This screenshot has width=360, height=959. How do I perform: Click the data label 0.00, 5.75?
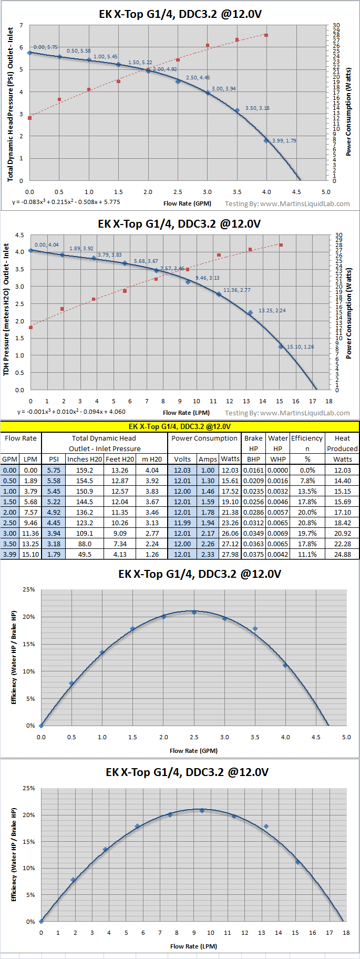click(46, 47)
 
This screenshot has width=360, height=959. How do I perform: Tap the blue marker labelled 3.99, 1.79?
click(266, 140)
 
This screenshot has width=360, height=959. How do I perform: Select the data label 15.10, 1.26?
click(300, 346)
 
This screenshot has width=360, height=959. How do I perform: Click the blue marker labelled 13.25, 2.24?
click(250, 313)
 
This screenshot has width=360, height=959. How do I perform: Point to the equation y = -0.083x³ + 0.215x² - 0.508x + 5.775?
click(66, 202)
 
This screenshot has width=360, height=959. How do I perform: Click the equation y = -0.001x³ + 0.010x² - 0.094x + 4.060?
click(71, 412)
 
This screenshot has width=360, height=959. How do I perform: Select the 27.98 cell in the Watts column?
click(230, 555)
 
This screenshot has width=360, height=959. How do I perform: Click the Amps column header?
click(208, 459)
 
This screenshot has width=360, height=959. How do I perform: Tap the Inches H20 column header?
click(85, 459)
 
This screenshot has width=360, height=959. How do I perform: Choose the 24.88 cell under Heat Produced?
click(342, 555)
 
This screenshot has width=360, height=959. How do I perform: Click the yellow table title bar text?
click(180, 426)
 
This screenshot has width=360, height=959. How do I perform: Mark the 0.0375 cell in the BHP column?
click(253, 555)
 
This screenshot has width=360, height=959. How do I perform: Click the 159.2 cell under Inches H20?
click(85, 471)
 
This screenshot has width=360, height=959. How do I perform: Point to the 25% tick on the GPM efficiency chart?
click(28, 589)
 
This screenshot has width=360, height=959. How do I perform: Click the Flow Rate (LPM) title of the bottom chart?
click(193, 946)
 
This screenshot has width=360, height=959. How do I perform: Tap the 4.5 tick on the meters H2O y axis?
click(19, 235)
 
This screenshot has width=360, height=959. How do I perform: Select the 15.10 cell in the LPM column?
click(30, 555)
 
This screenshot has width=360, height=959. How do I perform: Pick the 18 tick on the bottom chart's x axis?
click(346, 932)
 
